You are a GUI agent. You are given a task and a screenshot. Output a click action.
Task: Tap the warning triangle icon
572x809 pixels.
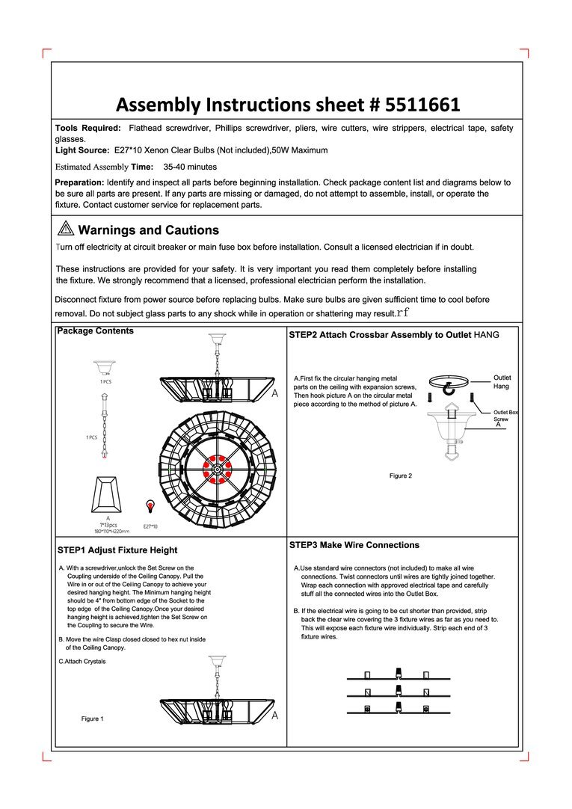[64, 230]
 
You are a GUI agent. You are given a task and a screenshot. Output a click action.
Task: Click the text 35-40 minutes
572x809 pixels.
[190, 167]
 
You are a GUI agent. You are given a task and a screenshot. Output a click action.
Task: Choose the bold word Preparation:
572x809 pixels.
[79, 182]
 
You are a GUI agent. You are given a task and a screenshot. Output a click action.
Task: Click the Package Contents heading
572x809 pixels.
[96, 331]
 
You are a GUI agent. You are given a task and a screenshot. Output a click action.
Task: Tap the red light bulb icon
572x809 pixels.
[150, 506]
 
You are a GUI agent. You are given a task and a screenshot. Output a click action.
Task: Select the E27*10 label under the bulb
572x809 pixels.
[150, 526]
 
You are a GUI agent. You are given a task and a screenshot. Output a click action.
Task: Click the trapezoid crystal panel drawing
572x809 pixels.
[108, 492]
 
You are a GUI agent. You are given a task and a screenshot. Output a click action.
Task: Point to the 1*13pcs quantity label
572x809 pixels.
[108, 524]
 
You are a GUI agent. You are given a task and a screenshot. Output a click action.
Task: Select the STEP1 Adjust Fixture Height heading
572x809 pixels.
[117, 550]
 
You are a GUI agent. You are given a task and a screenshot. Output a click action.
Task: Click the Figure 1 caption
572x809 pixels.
[92, 719]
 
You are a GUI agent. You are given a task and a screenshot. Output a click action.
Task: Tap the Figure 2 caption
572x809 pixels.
[400, 476]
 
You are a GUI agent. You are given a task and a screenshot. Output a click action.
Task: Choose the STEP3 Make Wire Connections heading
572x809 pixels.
[354, 545]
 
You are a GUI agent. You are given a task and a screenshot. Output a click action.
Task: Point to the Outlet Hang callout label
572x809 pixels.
[502, 382]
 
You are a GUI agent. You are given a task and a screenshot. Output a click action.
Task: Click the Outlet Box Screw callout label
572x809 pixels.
[505, 416]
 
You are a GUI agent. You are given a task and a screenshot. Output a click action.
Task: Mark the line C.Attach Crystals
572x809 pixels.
[82, 662]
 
